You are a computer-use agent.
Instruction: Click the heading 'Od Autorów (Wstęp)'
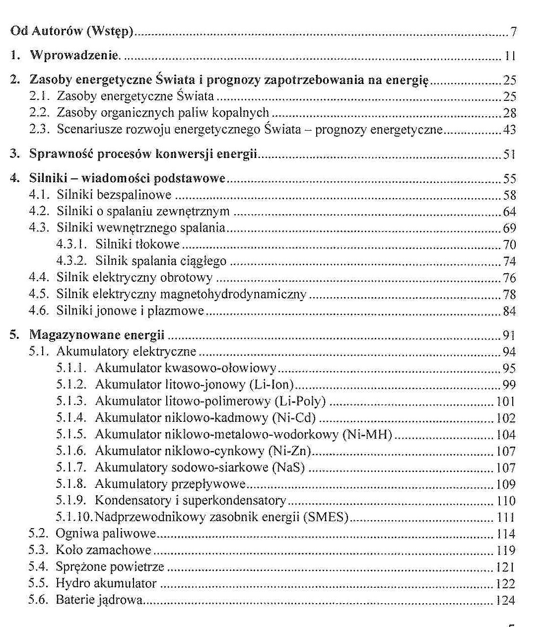tap(72, 32)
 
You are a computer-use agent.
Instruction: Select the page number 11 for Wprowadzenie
tap(510, 56)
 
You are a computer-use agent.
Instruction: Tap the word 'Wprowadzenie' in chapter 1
tap(74, 55)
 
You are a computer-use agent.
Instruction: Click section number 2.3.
tap(39, 130)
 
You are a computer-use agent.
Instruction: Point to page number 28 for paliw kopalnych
tap(510, 113)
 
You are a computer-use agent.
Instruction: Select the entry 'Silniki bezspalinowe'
tap(114, 195)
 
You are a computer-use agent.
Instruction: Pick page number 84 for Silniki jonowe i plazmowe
tap(510, 312)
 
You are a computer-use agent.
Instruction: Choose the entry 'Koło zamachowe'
tap(103, 550)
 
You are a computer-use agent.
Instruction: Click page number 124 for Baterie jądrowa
tap(506, 600)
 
